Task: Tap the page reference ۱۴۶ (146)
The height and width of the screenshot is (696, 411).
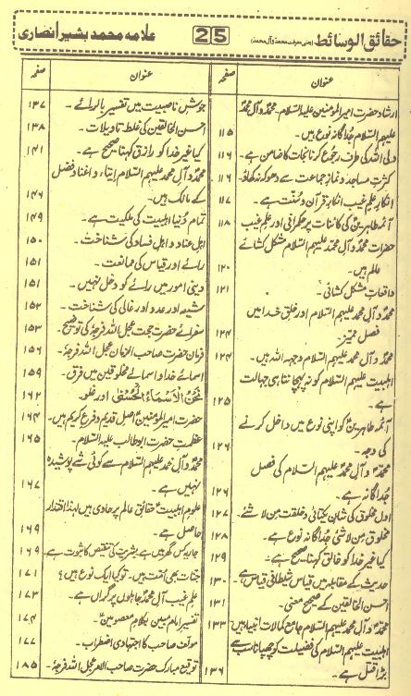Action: [22, 200]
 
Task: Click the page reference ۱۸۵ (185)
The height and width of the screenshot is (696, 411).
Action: [22, 663]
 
